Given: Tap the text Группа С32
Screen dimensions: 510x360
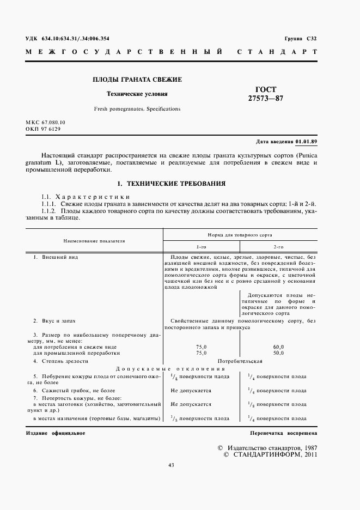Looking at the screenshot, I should pos(300,39).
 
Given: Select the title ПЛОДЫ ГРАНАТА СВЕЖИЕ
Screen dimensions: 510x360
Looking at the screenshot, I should pos(137,80).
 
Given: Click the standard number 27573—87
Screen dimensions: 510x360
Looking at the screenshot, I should pos(266,99).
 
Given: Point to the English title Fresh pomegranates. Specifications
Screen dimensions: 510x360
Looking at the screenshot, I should pos(137,109).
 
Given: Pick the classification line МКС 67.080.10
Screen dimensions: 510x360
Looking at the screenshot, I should pos(45,123).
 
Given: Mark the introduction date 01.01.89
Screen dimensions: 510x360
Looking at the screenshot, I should pos(306,142).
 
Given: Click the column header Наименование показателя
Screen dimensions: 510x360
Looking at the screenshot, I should pos(94,240).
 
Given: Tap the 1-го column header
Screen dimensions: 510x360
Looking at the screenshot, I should pos(202,247).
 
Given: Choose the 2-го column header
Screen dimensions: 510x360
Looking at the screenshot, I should pos(278,247).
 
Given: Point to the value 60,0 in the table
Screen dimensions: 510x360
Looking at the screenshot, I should pos(278,347).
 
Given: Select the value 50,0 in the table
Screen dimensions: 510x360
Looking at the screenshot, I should pos(278,353).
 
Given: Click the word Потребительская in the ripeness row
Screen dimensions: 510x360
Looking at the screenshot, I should pos(240,361).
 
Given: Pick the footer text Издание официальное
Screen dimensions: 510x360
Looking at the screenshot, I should pos(56,433).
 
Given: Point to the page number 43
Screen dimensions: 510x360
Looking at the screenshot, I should pos(172,465).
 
